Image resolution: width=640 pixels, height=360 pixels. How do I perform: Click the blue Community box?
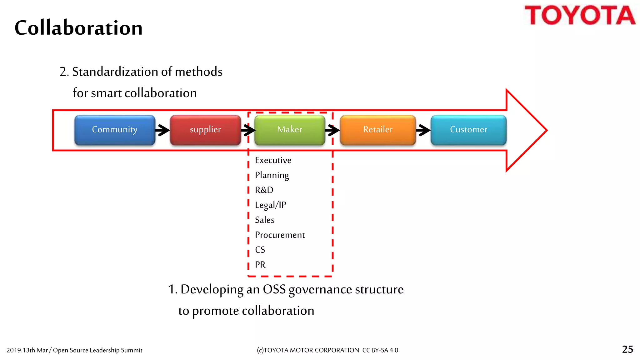pyautogui.click(x=115, y=130)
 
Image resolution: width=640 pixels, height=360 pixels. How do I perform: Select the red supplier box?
pyautogui.click(x=205, y=130)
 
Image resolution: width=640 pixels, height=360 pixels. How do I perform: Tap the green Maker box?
pyautogui.click(x=290, y=130)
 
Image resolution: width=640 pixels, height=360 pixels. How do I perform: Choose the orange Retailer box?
pyautogui.click(x=377, y=130)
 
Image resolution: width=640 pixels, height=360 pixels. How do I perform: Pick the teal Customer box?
pyautogui.click(x=468, y=130)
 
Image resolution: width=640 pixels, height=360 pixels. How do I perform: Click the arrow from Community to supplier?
pyautogui.click(x=162, y=130)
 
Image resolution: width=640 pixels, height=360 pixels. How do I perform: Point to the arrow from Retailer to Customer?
pyautogui.click(x=423, y=130)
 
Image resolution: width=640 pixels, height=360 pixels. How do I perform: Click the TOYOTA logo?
pyautogui.click(x=580, y=15)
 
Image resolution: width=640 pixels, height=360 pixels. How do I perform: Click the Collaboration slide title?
pyautogui.click(x=78, y=28)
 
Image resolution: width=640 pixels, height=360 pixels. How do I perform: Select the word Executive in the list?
pyautogui.click(x=273, y=160)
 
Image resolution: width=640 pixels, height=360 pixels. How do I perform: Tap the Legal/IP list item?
pyautogui.click(x=270, y=205)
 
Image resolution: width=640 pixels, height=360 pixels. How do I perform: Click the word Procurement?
pyautogui.click(x=280, y=235)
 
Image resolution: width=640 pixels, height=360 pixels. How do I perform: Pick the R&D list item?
pyautogui.click(x=264, y=190)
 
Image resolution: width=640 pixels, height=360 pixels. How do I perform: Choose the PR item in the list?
pyautogui.click(x=260, y=265)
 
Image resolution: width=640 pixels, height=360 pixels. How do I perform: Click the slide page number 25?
pyautogui.click(x=627, y=349)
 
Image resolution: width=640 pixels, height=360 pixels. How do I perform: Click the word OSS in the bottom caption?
pyautogui.click(x=274, y=289)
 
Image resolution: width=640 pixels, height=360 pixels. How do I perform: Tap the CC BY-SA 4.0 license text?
pyautogui.click(x=380, y=350)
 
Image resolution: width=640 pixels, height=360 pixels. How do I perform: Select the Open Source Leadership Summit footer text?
pyautogui.click(x=97, y=350)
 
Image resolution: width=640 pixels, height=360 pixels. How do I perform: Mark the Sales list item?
pyautogui.click(x=264, y=220)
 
